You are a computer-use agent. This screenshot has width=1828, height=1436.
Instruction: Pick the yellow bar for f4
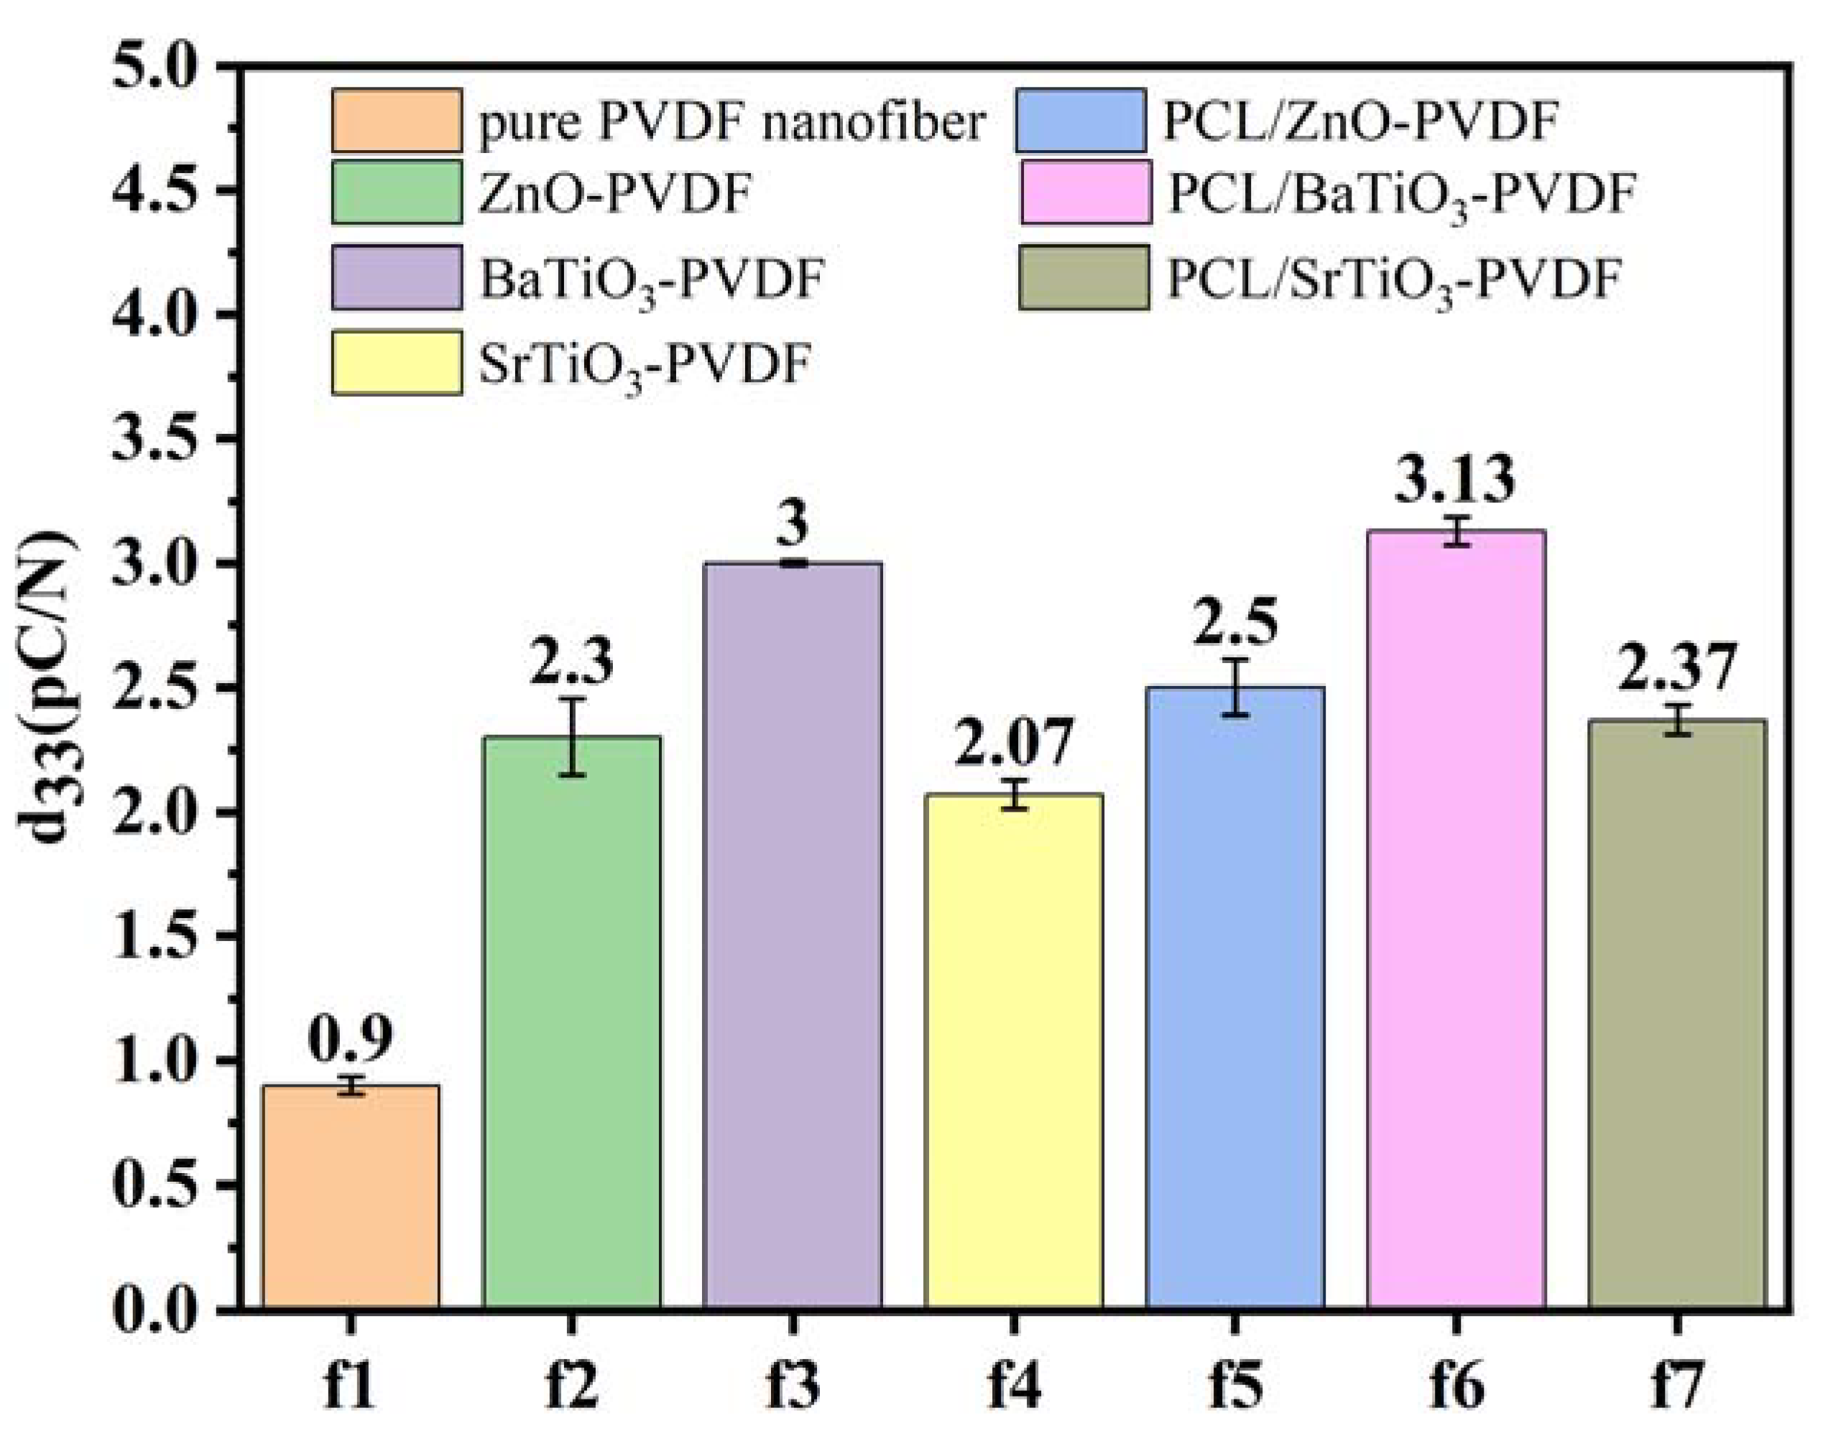pyautogui.click(x=1013, y=1051)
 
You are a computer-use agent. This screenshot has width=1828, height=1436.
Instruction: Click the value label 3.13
pyautogui.click(x=1456, y=479)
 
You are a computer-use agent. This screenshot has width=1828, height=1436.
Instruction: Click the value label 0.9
pyautogui.click(x=350, y=1039)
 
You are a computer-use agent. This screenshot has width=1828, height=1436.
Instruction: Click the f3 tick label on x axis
pyautogui.click(x=792, y=1387)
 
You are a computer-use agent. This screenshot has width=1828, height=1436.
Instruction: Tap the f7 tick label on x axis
pyautogui.click(x=1676, y=1387)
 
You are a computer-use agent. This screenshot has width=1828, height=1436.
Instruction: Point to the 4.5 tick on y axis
pyautogui.click(x=160, y=190)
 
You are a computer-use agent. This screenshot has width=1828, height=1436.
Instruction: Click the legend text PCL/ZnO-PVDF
pyautogui.click(x=1360, y=122)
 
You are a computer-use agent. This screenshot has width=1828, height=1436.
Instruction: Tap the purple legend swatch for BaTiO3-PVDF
pyautogui.click(x=396, y=277)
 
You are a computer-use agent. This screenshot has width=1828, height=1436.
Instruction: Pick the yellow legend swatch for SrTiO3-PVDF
pyautogui.click(x=396, y=362)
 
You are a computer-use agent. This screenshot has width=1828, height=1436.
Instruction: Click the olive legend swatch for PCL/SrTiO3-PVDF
pyautogui.click(x=1084, y=277)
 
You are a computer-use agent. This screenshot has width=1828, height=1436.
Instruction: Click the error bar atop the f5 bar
pyautogui.click(x=1234, y=687)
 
